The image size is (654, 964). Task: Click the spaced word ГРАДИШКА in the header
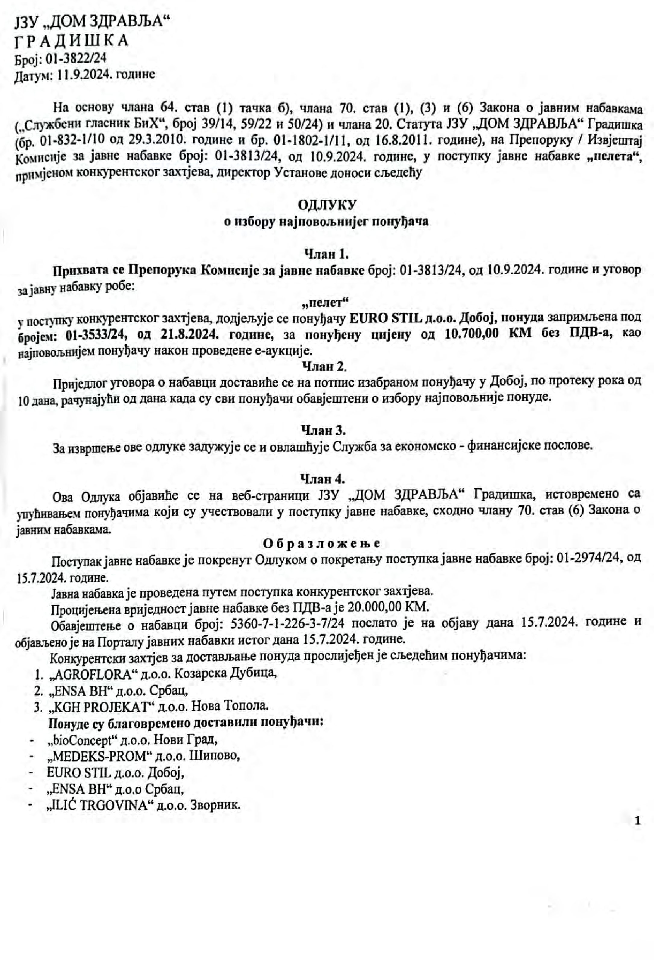tap(71, 41)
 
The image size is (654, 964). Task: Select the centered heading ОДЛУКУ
tap(327, 205)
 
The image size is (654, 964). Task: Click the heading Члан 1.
tap(326, 253)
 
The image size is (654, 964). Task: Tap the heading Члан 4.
tap(323, 479)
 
